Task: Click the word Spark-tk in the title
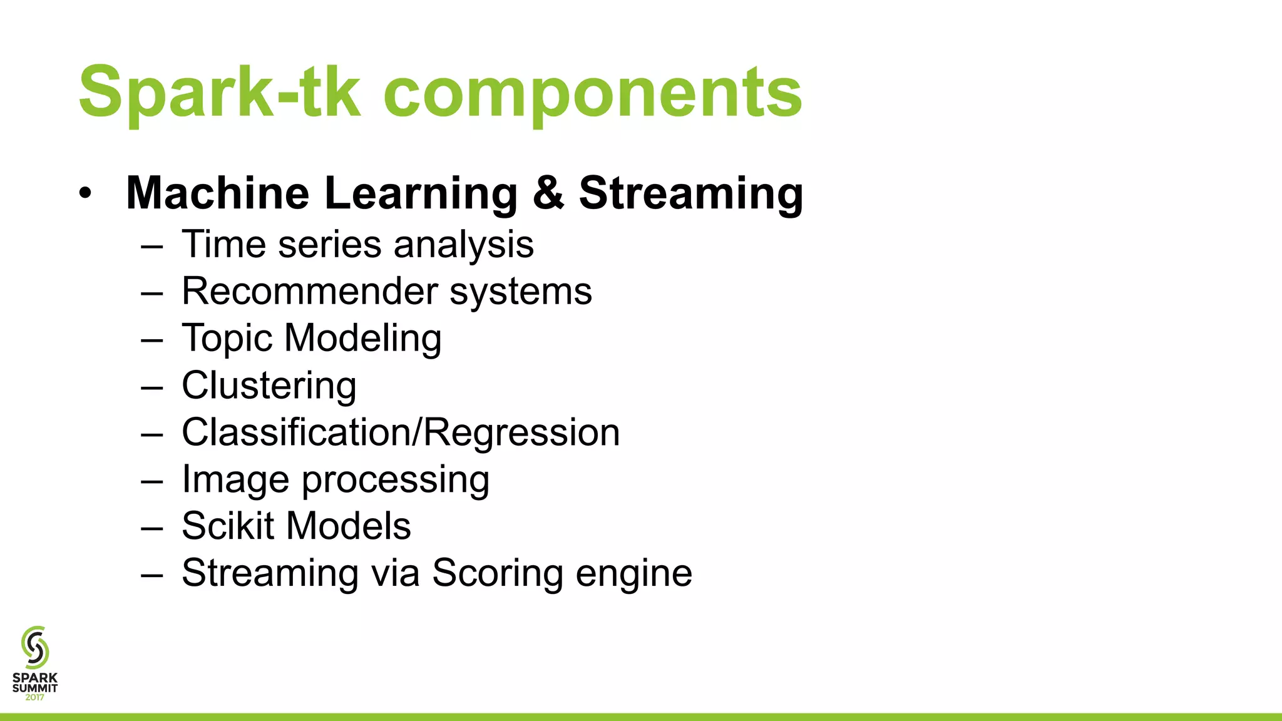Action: coord(220,92)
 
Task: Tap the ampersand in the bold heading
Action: coord(548,192)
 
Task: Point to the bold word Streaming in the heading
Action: coord(690,193)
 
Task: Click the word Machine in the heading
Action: coord(217,192)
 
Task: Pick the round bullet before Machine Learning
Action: coord(85,193)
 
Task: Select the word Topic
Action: coord(227,339)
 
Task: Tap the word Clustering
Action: coord(269,386)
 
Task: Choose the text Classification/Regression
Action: coord(401,432)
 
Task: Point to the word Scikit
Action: coord(228,526)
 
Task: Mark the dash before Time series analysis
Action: coord(151,245)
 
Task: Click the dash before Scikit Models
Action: coord(151,527)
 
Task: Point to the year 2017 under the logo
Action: coord(35,697)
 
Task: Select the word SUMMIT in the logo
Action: coord(35,688)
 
